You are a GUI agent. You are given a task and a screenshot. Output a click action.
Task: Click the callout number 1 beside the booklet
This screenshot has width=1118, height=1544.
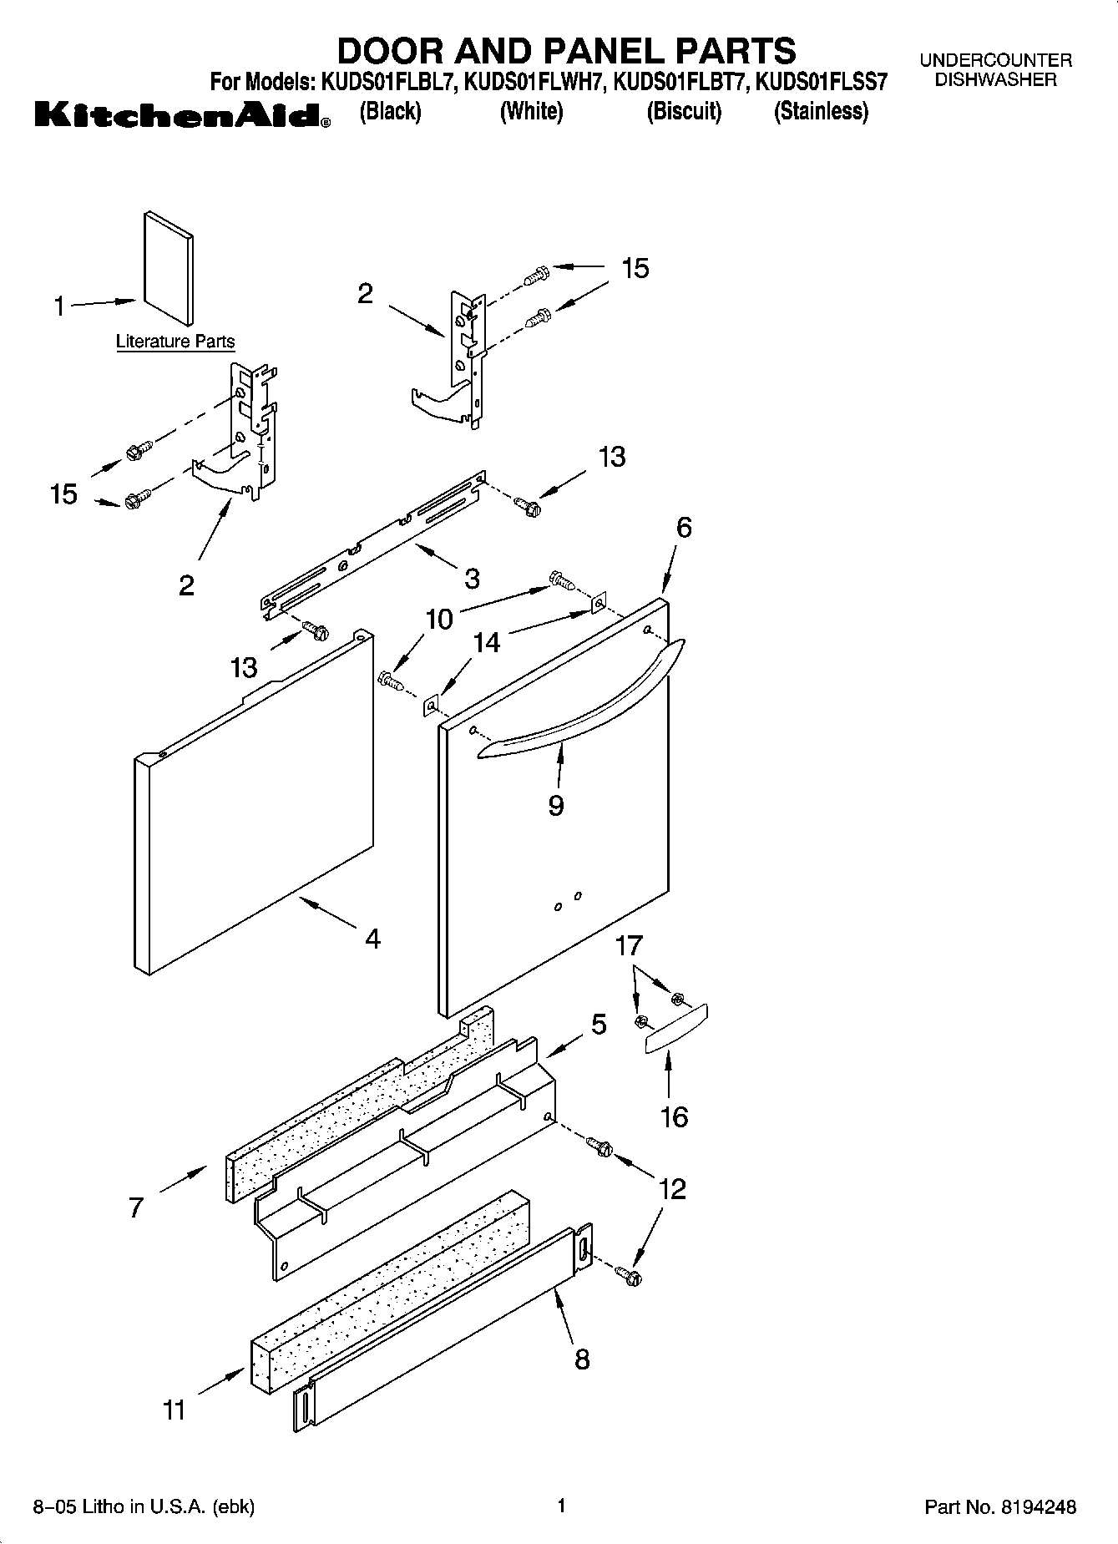point(59,307)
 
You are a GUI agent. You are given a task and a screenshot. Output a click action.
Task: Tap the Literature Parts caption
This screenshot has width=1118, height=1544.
point(175,342)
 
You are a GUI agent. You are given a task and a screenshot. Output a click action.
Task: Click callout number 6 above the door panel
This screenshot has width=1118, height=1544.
point(684,528)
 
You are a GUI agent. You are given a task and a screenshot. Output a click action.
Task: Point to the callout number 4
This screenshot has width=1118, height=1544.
point(372,939)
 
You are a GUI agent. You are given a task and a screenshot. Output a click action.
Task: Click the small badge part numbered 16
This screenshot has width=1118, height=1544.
point(675,1028)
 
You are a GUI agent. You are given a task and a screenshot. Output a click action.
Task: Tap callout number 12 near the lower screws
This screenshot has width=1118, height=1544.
point(673,1188)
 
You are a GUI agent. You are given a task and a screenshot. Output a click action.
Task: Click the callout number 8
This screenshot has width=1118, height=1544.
point(582,1359)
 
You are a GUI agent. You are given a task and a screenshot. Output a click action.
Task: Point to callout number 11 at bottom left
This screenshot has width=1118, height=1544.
point(175,1410)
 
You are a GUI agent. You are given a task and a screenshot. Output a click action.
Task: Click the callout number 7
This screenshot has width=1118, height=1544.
point(136,1207)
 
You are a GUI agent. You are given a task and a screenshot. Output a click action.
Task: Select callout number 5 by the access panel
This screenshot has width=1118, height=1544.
point(599,1025)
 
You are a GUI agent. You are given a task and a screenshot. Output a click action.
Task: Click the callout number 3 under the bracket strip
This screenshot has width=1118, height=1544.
point(472,578)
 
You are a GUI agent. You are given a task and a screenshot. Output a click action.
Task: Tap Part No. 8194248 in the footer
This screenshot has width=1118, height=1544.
point(1000,1507)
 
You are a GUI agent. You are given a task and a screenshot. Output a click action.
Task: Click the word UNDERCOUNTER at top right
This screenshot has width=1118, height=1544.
point(995,61)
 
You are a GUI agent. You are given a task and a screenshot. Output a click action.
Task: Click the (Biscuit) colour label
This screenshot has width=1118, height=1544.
point(684,111)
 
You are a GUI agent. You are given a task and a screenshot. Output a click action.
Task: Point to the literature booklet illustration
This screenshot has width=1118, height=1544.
point(168,267)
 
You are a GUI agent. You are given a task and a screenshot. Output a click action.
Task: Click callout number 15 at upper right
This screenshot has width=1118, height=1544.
point(635,268)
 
